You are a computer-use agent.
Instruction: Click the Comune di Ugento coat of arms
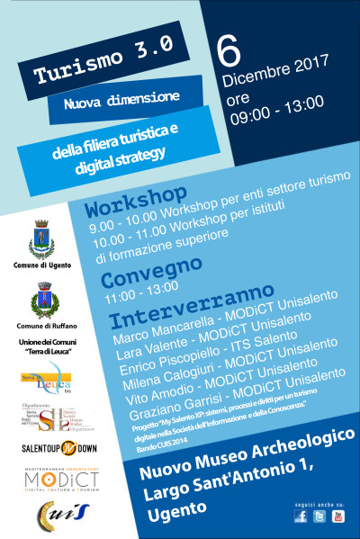tap(42, 239)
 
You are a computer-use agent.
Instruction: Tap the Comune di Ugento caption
tap(41, 267)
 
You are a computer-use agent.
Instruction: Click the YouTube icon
tap(338, 516)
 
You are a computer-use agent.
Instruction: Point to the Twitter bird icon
tap(319, 516)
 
